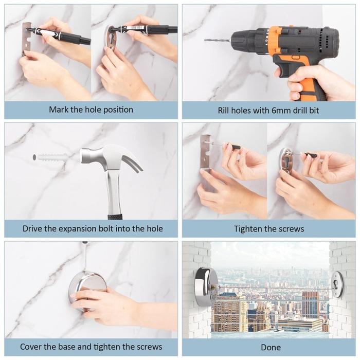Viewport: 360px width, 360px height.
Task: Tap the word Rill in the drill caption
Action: [223, 111]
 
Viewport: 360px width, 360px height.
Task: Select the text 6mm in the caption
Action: [281, 111]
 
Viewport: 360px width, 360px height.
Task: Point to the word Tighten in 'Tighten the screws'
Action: [248, 229]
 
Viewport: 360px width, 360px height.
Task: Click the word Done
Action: [271, 347]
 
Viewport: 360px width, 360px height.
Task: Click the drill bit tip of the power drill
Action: [205, 40]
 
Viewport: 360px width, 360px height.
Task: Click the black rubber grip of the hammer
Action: [115, 217]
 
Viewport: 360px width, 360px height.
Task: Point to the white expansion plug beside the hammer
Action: [51, 157]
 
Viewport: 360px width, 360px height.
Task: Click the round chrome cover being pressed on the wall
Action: [88, 291]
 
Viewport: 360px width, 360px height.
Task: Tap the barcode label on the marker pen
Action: [134, 28]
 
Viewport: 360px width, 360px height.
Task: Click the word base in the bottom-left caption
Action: [68, 347]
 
